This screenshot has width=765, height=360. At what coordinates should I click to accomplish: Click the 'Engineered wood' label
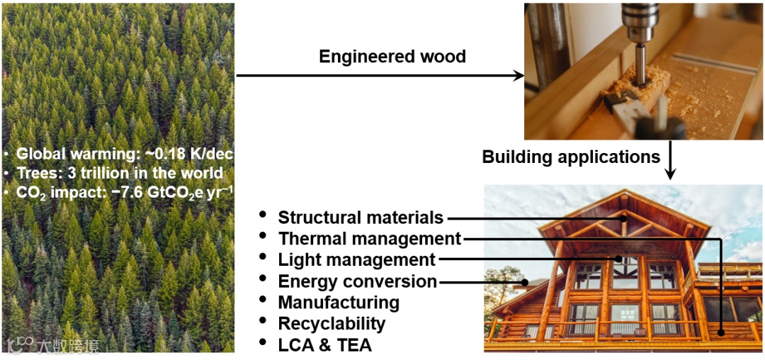click(392, 57)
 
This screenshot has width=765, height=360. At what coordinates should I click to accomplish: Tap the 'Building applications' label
click(571, 156)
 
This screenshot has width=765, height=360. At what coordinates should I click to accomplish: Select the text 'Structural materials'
click(361, 218)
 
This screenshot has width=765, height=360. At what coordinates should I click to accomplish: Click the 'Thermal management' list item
click(370, 239)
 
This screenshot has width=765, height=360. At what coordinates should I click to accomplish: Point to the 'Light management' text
click(357, 260)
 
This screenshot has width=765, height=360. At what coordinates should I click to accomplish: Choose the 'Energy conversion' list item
click(358, 281)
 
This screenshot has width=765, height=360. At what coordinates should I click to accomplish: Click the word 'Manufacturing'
click(339, 303)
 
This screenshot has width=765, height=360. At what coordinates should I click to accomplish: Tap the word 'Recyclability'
click(331, 324)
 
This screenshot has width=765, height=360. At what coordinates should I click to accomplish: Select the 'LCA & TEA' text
click(324, 345)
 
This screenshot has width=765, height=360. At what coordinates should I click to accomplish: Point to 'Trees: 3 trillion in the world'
click(120, 173)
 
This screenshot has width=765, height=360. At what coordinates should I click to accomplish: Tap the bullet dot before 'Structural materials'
click(264, 214)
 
